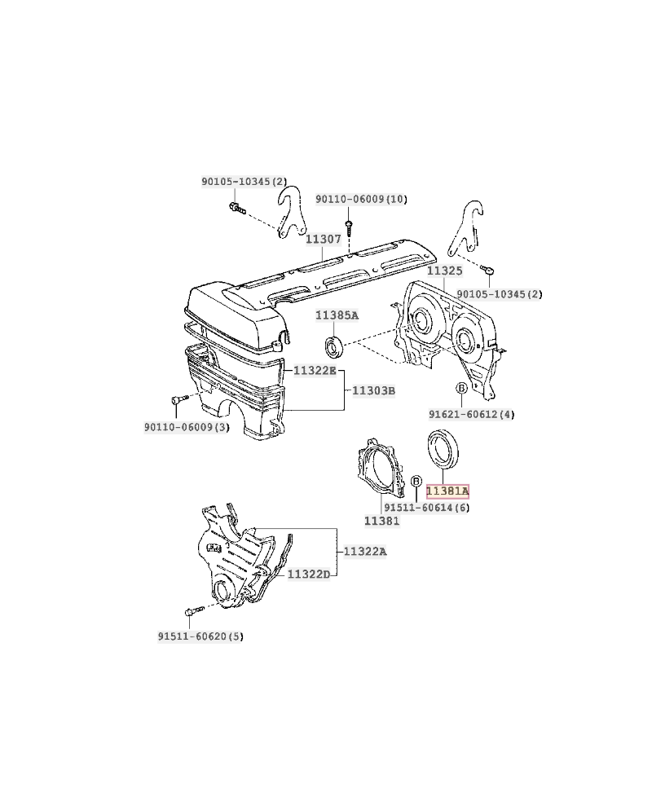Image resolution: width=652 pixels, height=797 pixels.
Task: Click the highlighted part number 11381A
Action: click(447, 491)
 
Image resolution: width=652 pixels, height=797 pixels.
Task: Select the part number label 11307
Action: click(324, 239)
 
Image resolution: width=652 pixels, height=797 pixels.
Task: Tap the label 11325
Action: click(445, 271)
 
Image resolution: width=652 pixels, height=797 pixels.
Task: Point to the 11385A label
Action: click(337, 315)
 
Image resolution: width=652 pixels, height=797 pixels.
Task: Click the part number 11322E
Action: click(315, 371)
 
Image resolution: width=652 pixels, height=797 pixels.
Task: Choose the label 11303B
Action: click(373, 390)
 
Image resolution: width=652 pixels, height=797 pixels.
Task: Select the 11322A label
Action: click(365, 551)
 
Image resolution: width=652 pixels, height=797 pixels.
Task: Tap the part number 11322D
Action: click(309, 575)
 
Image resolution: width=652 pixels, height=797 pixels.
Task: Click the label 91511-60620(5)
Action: click(200, 636)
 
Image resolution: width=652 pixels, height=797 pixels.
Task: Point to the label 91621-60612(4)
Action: click(472, 414)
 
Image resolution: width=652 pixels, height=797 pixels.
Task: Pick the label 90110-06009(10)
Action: click(361, 199)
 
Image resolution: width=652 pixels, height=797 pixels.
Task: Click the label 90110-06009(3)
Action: click(187, 427)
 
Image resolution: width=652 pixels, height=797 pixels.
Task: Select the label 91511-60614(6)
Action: click(427, 507)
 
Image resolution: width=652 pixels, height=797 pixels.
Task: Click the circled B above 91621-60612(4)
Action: click(461, 389)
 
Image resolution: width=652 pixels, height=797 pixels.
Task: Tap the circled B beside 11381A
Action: click(416, 481)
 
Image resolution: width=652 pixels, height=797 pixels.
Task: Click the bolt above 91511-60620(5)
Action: click(194, 610)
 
